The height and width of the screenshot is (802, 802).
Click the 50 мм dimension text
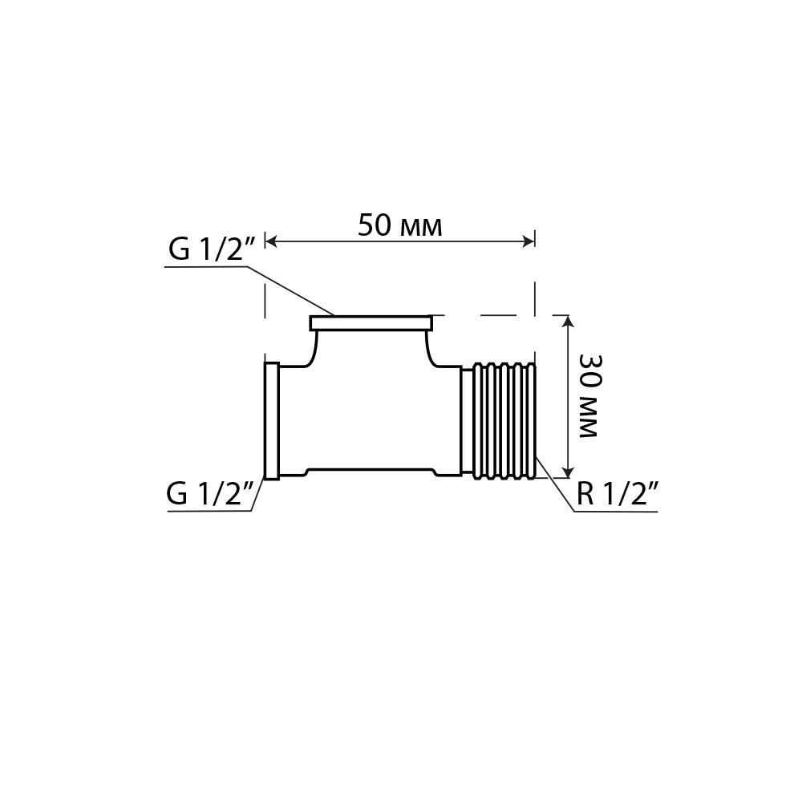click(x=400, y=226)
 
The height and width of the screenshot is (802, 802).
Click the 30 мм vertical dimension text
click(x=589, y=396)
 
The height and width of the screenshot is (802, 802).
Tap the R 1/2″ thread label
click(x=618, y=494)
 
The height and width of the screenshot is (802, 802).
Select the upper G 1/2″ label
click(x=211, y=249)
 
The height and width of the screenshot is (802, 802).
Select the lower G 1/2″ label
click(x=210, y=494)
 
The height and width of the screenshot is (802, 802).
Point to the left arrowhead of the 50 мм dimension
click(x=270, y=241)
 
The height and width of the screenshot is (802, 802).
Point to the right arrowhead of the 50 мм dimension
click(x=529, y=241)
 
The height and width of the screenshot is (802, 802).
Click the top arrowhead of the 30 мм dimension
click(x=568, y=322)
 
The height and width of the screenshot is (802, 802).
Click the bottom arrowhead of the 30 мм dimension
click(x=568, y=472)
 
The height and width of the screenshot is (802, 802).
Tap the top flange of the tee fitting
click(x=371, y=323)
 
